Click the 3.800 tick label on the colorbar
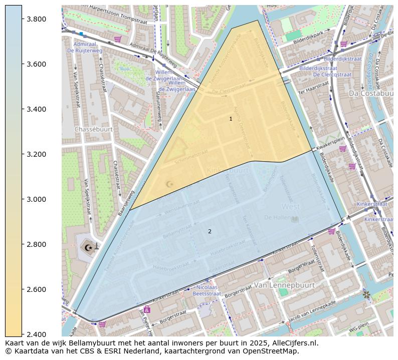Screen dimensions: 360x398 click(37, 19)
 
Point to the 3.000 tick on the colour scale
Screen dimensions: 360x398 click(37, 199)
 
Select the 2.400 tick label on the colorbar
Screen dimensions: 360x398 click(37, 334)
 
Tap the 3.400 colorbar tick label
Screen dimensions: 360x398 click(37, 109)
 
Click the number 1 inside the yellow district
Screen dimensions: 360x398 click(231, 119)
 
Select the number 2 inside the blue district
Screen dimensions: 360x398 click(210, 231)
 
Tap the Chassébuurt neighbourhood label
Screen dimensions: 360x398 click(93, 129)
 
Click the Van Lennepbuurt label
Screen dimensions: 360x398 click(284, 285)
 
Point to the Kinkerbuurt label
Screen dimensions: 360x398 click(228, 171)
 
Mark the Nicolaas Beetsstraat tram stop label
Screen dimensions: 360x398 click(207, 291)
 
